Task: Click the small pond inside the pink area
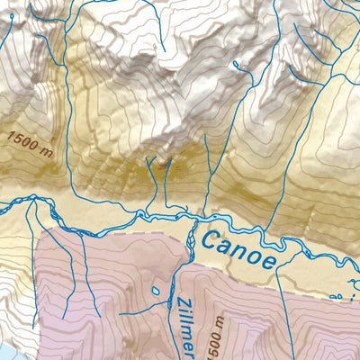(x=157, y=291)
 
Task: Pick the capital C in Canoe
(x=212, y=238)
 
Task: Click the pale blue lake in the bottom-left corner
(x=4, y=352)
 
